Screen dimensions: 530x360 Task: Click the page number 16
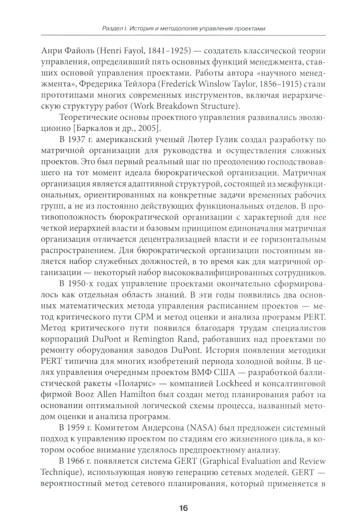[x=183, y=508]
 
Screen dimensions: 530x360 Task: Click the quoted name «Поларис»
[x=135, y=384]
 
